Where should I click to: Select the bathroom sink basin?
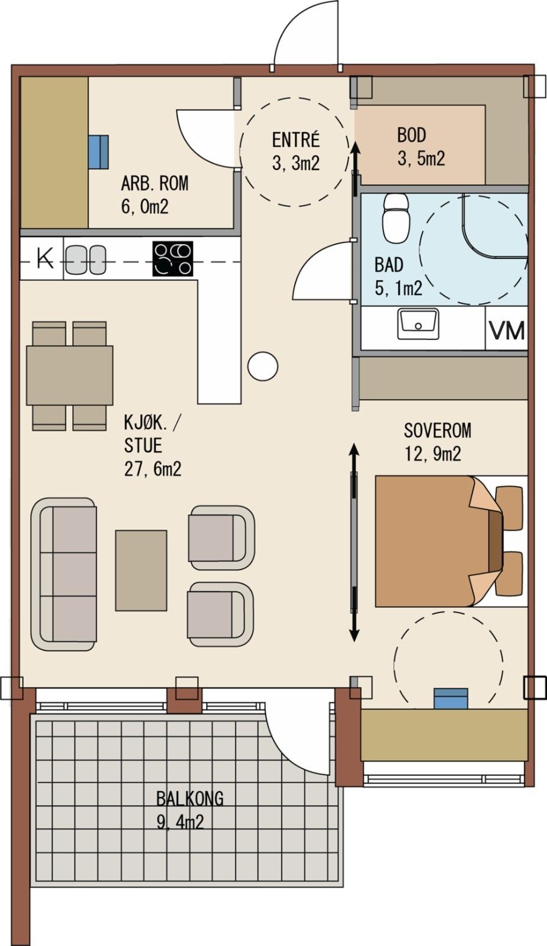[418, 324]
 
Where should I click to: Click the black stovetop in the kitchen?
[172, 259]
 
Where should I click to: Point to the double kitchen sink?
[85, 260]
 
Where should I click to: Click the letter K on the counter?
[44, 258]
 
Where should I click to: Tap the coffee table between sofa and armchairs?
[141, 570]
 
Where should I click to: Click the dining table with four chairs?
[70, 376]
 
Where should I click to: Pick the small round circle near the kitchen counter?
[263, 367]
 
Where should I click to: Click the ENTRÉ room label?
[295, 140]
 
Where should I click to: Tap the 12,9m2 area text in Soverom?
[432, 454]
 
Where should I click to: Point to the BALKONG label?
[190, 799]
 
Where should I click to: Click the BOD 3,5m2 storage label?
[420, 147]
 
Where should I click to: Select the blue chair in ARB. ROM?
[99, 151]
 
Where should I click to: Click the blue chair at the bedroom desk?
[451, 698]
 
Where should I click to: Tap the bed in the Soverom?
[437, 541]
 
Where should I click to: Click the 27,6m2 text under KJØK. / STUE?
[152, 469]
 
